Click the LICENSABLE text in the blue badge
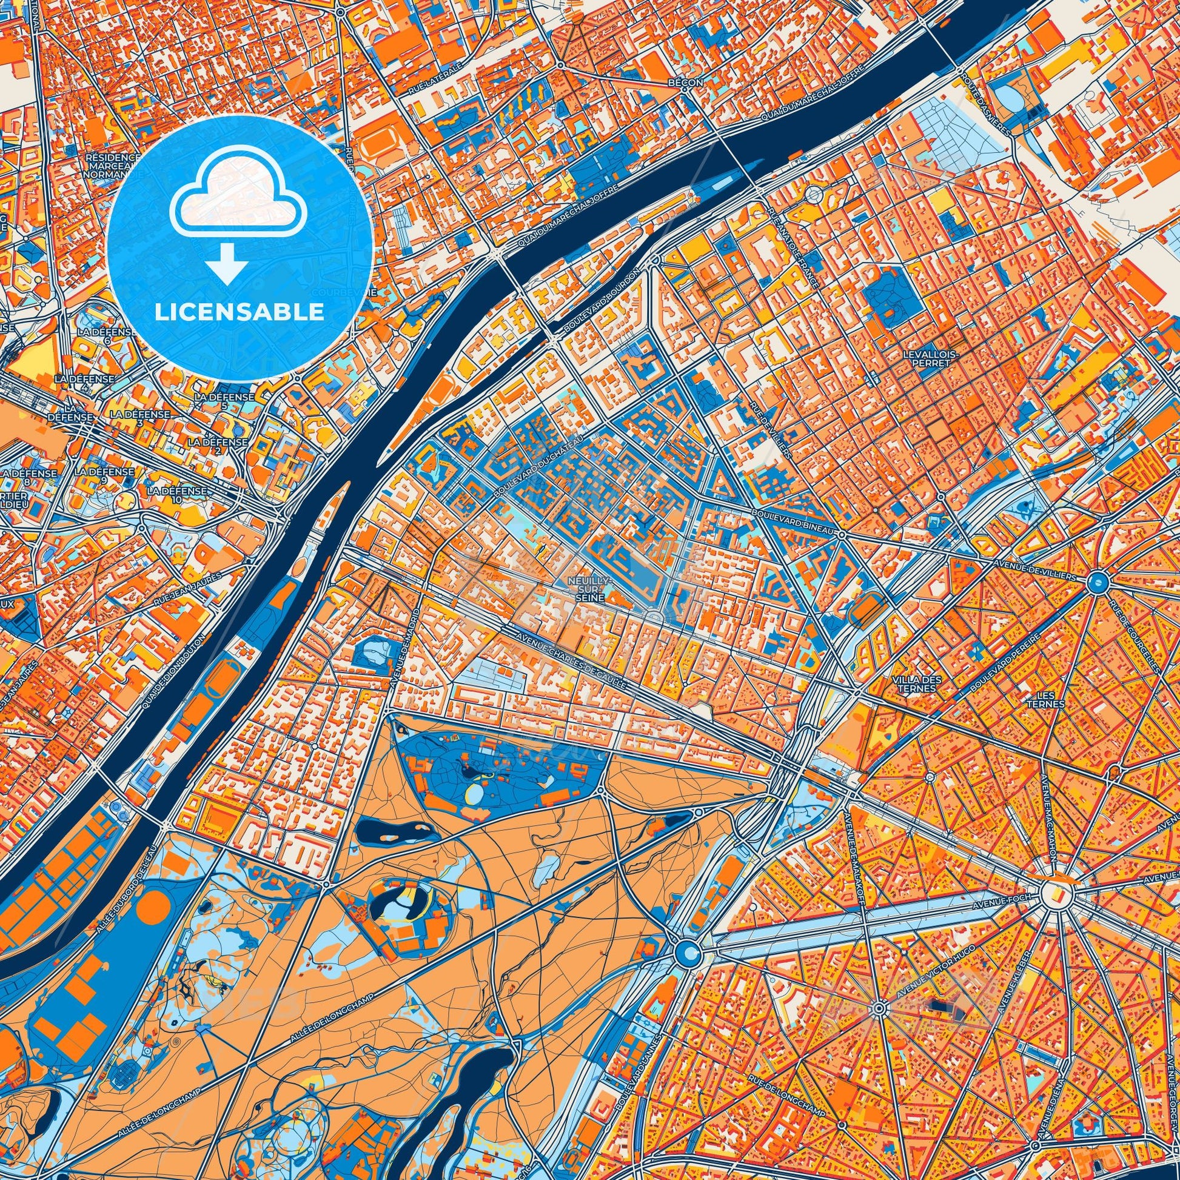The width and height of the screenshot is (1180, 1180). [x=240, y=312]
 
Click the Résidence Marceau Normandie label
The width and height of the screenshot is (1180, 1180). [x=112, y=165]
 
